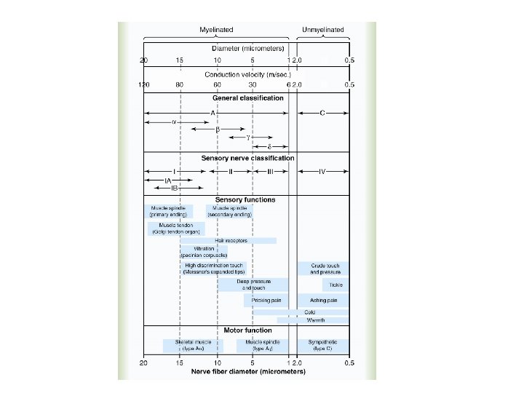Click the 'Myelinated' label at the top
[216, 30]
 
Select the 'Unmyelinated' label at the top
[322, 30]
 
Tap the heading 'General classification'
[247, 98]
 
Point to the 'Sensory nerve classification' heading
[247, 157]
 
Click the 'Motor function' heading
[247, 331]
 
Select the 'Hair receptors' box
[231, 240]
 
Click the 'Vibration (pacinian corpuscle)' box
[204, 252]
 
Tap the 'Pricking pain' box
[266, 300]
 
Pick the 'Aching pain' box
[322, 300]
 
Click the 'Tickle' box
[335, 285]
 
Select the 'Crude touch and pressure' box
[322, 269]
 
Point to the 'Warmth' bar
[316, 320]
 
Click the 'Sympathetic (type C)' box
[322, 345]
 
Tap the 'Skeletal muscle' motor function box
[188, 345]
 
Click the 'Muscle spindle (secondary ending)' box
[229, 212]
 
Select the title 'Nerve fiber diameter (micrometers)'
[247, 371]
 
